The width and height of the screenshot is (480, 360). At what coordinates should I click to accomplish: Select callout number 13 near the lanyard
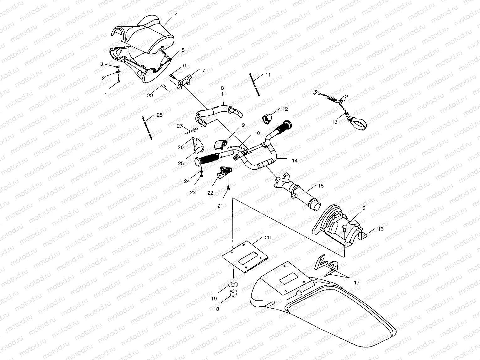pyautogui.click(x=334, y=122)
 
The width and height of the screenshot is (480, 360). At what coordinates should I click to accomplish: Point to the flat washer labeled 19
pyautogui.click(x=233, y=284)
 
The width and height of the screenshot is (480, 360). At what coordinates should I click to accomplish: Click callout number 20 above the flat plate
pyautogui.click(x=267, y=237)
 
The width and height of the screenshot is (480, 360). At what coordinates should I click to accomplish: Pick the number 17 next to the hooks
pyautogui.click(x=356, y=283)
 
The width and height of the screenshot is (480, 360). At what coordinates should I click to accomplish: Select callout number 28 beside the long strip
pyautogui.click(x=159, y=115)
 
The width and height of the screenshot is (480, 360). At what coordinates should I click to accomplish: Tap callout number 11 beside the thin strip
pyautogui.click(x=268, y=75)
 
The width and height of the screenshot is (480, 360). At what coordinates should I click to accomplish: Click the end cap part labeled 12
pyautogui.click(x=267, y=119)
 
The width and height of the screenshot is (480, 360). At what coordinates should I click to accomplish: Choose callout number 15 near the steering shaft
pyautogui.click(x=321, y=186)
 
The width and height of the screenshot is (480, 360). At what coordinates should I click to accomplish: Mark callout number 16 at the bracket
pyautogui.click(x=381, y=229)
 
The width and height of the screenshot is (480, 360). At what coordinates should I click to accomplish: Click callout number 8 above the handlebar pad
pyautogui.click(x=222, y=88)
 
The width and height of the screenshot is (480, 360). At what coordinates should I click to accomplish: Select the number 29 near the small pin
pyautogui.click(x=150, y=95)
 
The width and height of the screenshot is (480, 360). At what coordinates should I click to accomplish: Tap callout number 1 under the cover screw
pyautogui.click(x=106, y=94)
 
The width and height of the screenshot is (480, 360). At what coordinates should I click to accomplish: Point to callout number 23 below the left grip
pyautogui.click(x=193, y=192)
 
